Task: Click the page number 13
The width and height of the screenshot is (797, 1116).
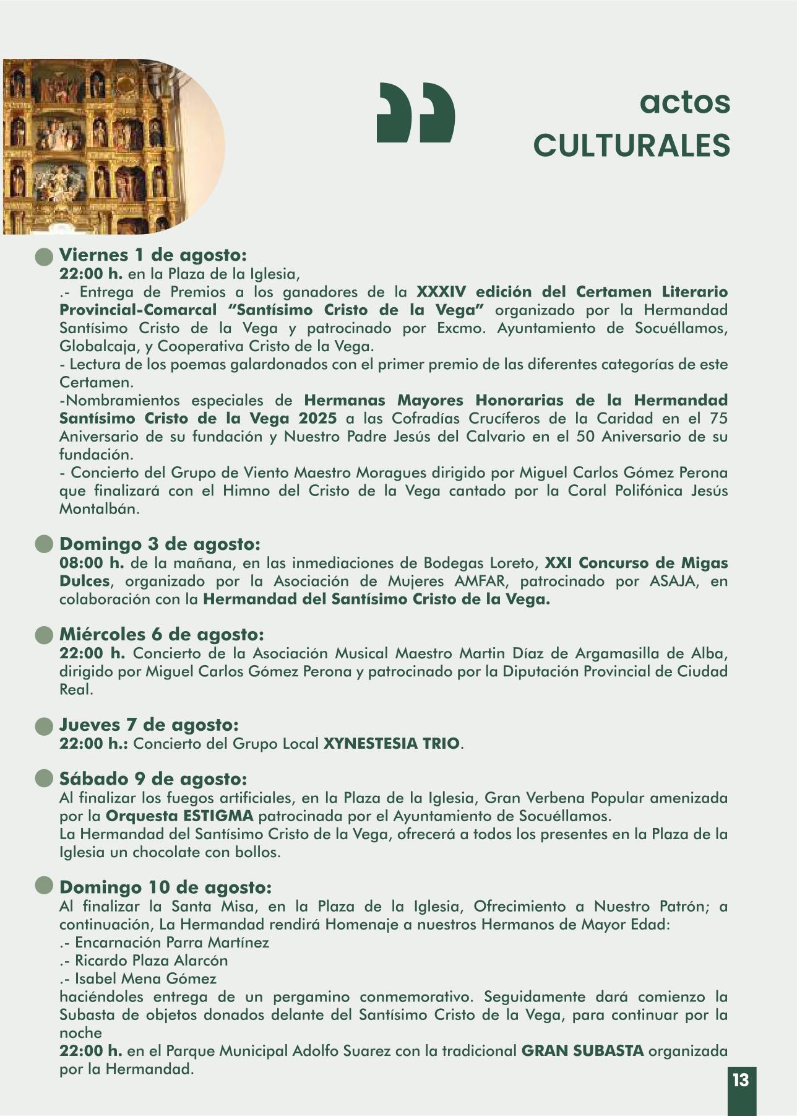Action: tap(740, 1080)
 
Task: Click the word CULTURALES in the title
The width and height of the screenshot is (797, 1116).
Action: tap(631, 146)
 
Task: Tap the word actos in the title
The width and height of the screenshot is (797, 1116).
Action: tap(684, 102)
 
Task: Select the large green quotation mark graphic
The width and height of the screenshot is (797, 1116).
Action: tap(415, 112)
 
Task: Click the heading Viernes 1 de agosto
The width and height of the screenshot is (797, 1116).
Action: tap(153, 255)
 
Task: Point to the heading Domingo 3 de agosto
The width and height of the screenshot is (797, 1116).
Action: tap(160, 544)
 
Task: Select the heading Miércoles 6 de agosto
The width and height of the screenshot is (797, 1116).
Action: tap(162, 635)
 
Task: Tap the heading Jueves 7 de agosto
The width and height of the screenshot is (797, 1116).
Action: tap(149, 725)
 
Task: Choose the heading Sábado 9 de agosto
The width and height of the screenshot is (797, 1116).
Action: tap(153, 779)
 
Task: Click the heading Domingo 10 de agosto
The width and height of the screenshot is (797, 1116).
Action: tap(165, 888)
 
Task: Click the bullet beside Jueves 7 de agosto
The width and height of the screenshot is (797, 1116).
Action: tap(44, 726)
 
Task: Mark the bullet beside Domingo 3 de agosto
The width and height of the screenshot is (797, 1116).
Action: tap(44, 545)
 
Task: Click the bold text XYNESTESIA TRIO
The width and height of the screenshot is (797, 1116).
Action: tap(392, 743)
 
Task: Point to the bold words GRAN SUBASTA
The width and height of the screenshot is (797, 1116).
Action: tap(582, 1051)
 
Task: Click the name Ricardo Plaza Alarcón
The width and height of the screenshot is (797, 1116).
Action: tap(151, 961)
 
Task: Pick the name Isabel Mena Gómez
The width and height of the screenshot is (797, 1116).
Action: tap(145, 979)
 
